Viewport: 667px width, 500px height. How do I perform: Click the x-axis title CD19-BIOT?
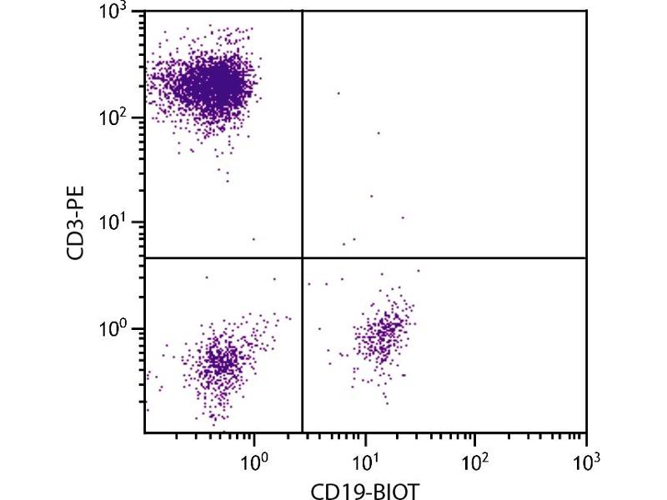tap(365, 487)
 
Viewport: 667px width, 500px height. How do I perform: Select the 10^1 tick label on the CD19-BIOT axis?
tap(366, 459)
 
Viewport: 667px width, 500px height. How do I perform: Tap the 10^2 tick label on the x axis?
tap(476, 459)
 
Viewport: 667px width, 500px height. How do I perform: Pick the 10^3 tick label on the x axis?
tap(586, 459)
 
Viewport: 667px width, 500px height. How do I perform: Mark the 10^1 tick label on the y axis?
tap(114, 222)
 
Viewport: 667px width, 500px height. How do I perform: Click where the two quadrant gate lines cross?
tap(301, 258)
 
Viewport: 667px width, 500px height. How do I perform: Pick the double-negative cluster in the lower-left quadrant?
tap(221, 363)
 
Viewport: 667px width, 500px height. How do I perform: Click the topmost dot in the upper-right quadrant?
tap(339, 93)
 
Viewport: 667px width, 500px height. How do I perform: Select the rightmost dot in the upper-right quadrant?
tap(403, 217)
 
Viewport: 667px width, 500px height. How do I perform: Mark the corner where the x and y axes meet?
tap(144, 432)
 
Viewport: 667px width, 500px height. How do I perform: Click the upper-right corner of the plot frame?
tap(586, 11)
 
